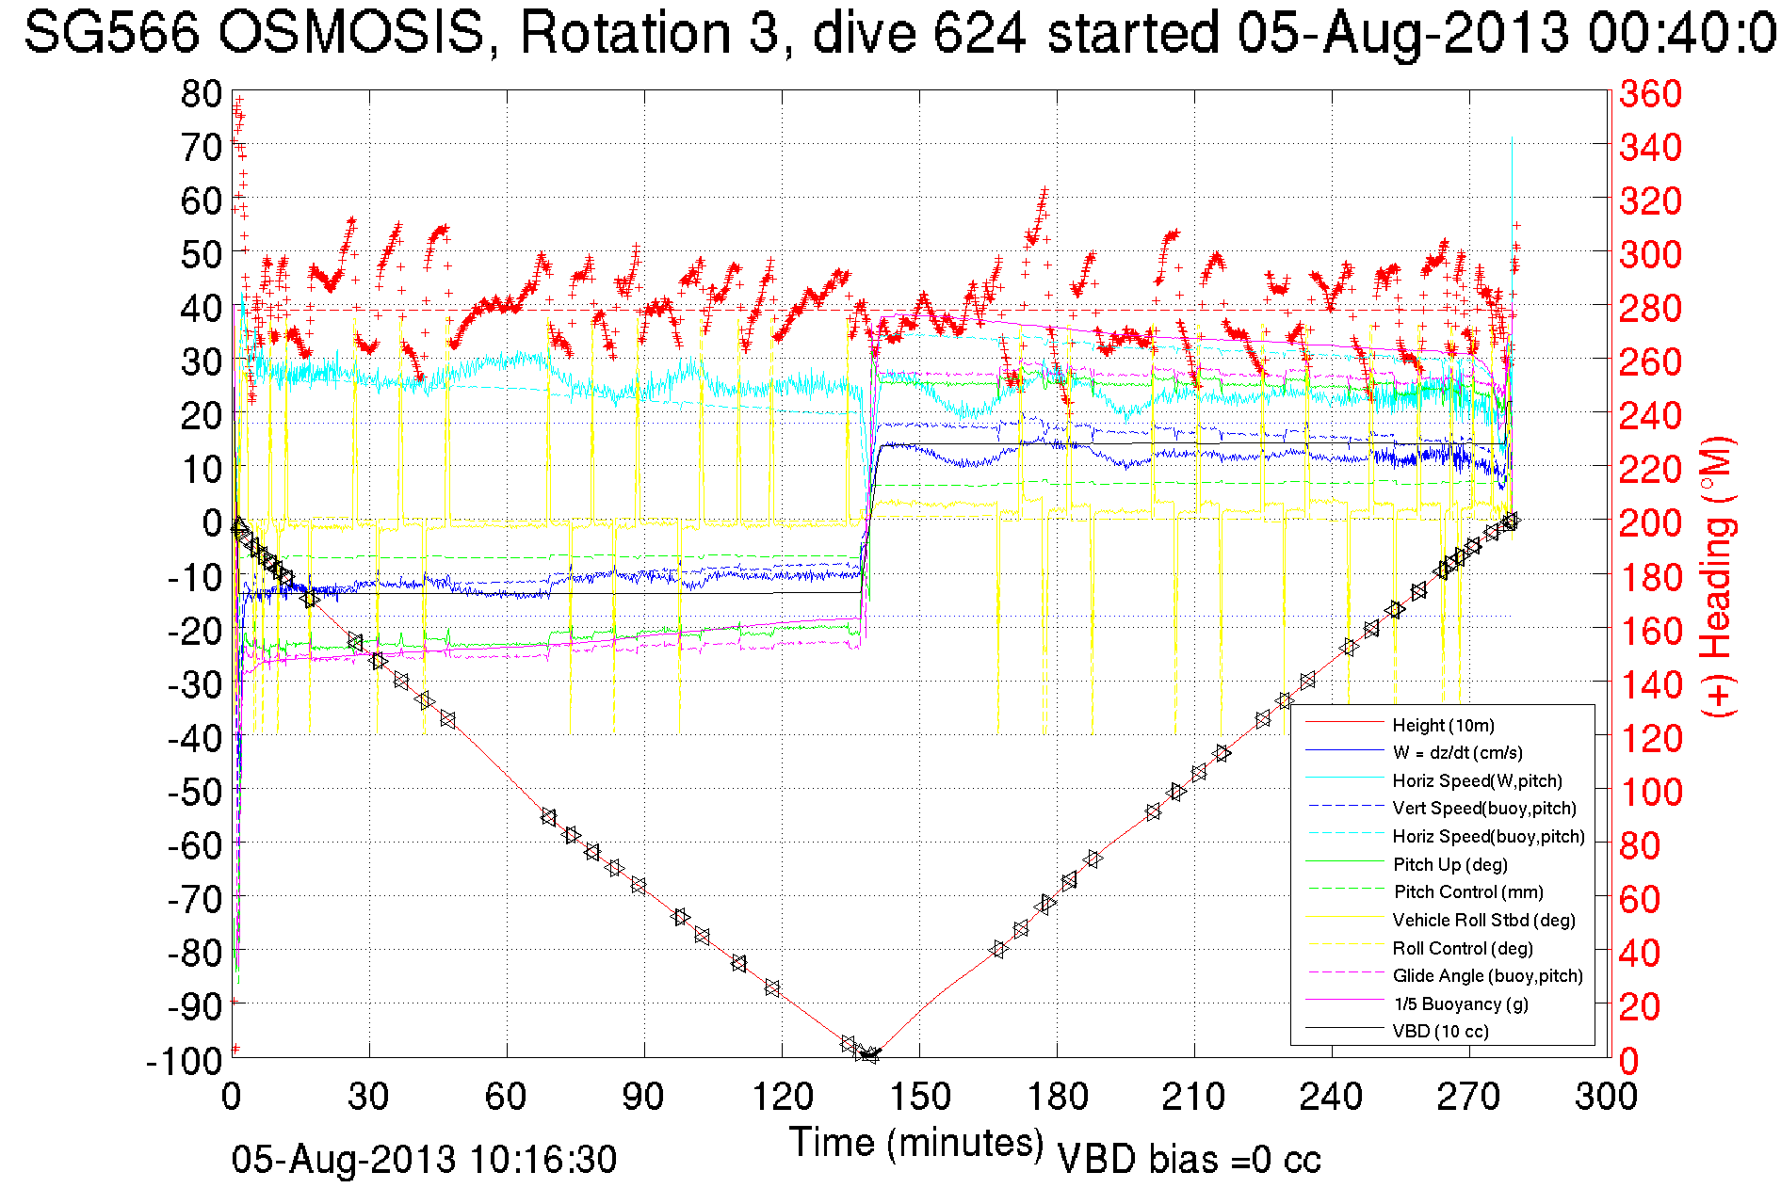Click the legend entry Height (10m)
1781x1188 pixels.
[1443, 725]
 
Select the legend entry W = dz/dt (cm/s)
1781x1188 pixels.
[1457, 752]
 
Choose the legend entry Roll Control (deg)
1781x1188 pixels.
[1463, 948]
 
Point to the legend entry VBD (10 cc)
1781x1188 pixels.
[1440, 1031]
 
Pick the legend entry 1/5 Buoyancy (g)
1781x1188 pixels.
[1461, 1003]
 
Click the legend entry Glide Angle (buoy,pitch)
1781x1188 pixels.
[1487, 975]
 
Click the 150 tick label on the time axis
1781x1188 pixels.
[919, 1097]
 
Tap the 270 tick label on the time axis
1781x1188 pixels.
[1469, 1097]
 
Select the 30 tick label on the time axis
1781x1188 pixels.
[369, 1097]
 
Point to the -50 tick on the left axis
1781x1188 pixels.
[195, 792]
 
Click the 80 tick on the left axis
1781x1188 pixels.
[202, 94]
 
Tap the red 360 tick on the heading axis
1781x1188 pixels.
[1650, 94]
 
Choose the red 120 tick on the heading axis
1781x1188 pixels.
[1650, 738]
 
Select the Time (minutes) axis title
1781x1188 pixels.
[916, 1143]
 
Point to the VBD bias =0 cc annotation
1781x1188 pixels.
[1189, 1160]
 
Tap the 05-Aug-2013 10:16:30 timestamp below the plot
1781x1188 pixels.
[424, 1160]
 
